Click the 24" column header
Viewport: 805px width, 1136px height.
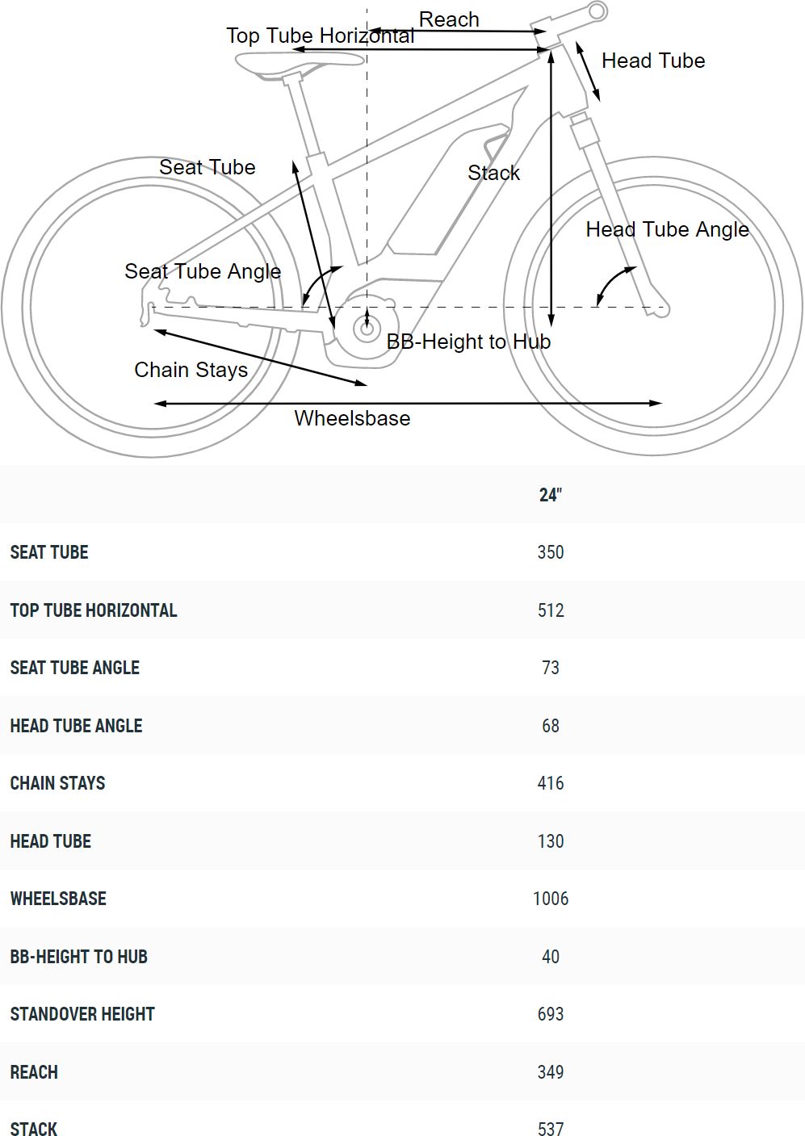(550, 495)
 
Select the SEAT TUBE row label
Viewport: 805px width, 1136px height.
(49, 552)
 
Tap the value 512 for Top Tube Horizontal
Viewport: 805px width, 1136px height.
(551, 610)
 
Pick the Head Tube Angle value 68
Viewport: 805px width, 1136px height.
(551, 726)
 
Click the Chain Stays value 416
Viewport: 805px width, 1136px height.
(551, 783)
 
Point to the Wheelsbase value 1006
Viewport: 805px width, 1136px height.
(551, 899)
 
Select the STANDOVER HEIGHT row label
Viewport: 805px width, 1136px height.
(82, 1014)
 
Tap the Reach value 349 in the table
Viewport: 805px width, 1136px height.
(551, 1072)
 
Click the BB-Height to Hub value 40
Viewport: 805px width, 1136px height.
(551, 957)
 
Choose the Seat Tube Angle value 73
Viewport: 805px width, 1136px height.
(551, 668)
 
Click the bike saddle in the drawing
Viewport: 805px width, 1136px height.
(299, 61)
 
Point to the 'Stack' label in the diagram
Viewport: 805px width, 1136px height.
(493, 173)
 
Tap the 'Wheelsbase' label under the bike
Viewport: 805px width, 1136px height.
(352, 418)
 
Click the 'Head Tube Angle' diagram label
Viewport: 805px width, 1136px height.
(667, 229)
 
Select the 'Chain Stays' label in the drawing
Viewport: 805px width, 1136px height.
(191, 370)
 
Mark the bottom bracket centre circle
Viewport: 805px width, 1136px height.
(367, 329)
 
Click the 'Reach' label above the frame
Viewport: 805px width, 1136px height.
(449, 19)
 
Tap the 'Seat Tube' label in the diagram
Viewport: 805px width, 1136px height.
(207, 167)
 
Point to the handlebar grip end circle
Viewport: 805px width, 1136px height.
(597, 11)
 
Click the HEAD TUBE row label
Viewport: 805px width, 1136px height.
(51, 841)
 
